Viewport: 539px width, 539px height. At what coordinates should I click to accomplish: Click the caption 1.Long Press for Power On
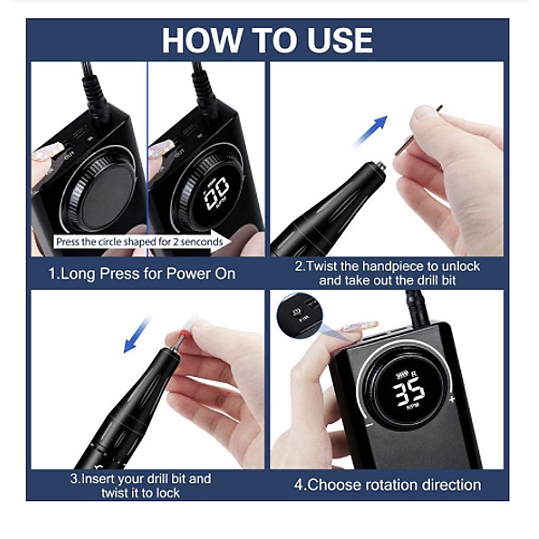point(142,274)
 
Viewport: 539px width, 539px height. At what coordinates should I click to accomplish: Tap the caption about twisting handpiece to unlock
point(387,273)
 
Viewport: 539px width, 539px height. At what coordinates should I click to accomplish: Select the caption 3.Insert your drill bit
point(141,486)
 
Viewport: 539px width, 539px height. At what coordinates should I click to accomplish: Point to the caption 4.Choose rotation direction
point(387,485)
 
